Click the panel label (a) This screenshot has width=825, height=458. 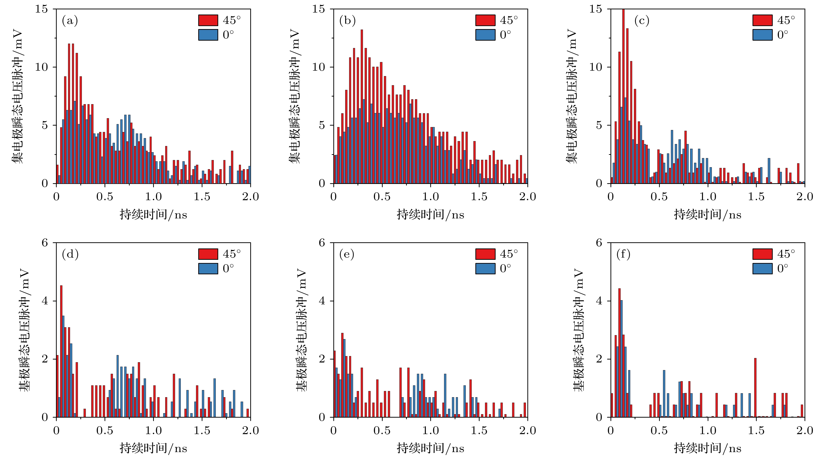[x=70, y=21]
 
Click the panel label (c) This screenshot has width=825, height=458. [x=642, y=21]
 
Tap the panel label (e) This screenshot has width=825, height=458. [x=347, y=254]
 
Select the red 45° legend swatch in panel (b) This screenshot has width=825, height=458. [x=485, y=20]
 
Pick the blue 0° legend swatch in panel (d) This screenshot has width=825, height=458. [x=208, y=268]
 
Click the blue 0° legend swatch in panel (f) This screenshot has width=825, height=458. [x=762, y=268]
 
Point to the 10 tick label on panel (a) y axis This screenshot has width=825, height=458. [x=42, y=67]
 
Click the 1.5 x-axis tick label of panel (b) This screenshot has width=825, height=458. [x=479, y=197]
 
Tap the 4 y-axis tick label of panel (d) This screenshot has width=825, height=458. [x=45, y=301]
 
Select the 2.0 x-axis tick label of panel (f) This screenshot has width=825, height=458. [x=805, y=430]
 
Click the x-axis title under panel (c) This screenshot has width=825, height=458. [x=707, y=215]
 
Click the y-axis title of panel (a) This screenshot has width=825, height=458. [x=18, y=96]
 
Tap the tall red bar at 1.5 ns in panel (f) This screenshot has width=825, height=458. [x=755, y=387]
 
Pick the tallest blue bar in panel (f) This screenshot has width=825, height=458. [x=621, y=358]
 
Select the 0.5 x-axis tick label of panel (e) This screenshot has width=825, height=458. [x=382, y=430]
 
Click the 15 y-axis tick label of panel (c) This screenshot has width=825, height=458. [x=596, y=9]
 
